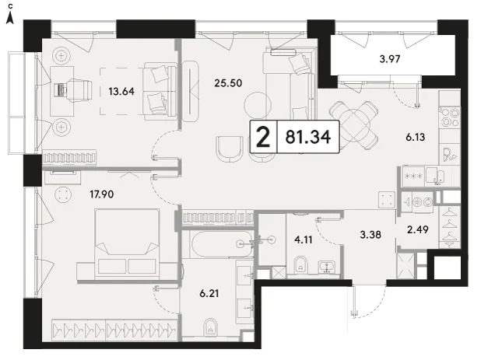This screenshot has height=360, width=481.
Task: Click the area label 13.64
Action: pos(121,91)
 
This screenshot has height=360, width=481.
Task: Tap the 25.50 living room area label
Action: pos(228,83)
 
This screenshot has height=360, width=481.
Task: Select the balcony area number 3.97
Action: pos(390,58)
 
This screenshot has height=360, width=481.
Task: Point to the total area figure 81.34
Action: pos(308,137)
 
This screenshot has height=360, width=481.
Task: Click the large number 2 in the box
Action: pos(263,137)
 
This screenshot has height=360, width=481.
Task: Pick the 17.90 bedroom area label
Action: pos(101,194)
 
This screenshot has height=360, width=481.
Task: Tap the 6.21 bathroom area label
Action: pos(209,293)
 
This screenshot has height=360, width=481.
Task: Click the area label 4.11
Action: pos(304,239)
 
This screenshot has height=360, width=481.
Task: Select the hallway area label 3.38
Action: pos(370,235)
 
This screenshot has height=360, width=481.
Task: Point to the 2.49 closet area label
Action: pos(418,229)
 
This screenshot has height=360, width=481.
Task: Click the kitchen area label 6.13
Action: pos(416,137)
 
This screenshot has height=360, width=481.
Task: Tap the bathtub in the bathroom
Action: pos(222,244)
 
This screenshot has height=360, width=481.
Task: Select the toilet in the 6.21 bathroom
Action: pos(210,328)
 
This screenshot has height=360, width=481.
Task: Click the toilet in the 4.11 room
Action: pos(300,265)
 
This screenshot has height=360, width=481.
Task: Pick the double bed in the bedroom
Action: pos(127,244)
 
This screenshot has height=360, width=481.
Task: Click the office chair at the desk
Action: pos(79,89)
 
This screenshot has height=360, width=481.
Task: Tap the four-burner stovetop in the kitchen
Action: pos(449,117)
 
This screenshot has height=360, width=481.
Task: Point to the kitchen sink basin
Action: pos(435,176)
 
